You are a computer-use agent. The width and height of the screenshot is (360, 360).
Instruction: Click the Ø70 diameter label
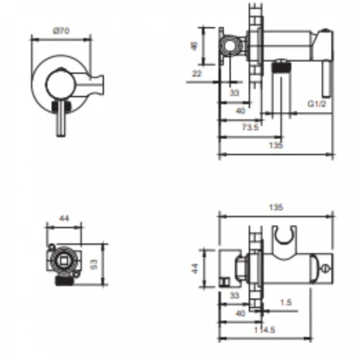pos(61,31)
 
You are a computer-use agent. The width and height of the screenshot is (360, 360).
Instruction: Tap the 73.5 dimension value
pos(250,127)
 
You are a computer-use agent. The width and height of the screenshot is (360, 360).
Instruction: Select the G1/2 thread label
pos(317,104)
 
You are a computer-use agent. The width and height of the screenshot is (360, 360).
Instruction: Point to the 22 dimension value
pos(197,74)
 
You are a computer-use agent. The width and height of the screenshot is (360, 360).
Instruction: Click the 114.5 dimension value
pos(265,330)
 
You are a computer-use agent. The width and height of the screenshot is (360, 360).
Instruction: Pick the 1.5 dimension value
pos(286,303)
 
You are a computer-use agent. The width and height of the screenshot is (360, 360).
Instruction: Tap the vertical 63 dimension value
pos(94,265)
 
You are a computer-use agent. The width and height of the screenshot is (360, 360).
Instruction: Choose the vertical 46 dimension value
pos(194,46)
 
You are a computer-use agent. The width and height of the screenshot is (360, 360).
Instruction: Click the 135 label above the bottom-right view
pos(276,207)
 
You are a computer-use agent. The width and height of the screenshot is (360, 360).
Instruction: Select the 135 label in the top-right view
pos(276,145)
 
